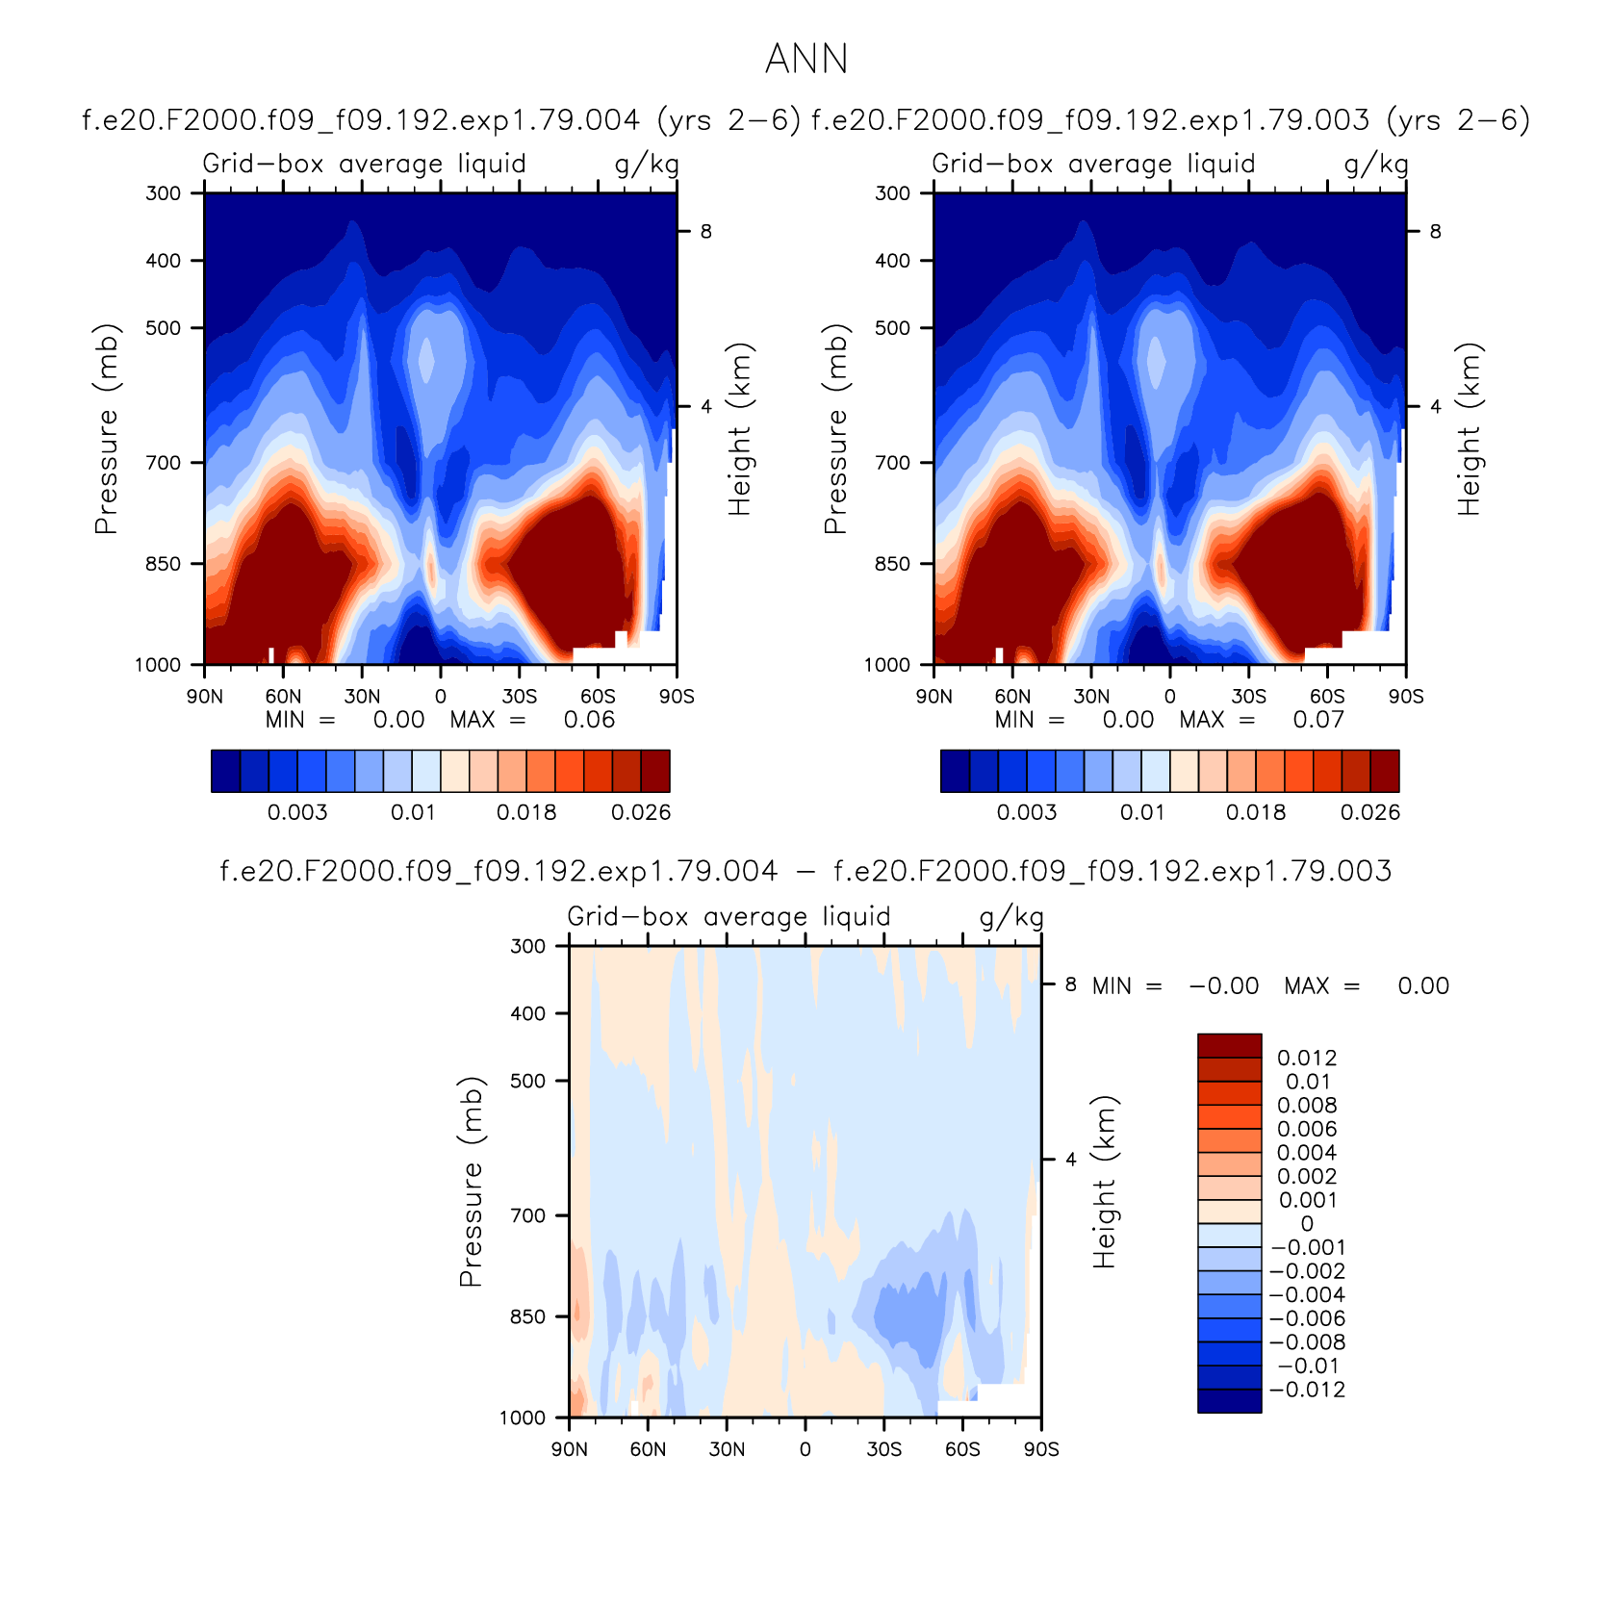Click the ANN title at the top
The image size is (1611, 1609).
806,60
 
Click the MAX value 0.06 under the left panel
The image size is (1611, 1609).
589,720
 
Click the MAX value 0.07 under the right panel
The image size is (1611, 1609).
1318,720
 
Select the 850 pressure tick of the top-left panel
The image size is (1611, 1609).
164,564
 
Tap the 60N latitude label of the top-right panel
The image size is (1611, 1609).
1012,697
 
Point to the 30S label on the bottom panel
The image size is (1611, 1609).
883,1449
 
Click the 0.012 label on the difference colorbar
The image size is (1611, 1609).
1307,1058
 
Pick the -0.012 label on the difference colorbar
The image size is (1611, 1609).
1306,1390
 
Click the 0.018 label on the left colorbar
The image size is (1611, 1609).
526,812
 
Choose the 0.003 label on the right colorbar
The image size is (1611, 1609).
1027,812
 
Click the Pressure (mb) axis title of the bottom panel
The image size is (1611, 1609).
471,1182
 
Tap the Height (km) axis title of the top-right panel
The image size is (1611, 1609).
1469,429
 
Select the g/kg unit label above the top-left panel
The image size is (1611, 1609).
647,165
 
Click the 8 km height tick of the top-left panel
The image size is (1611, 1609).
706,232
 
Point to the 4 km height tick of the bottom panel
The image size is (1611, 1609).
1071,1160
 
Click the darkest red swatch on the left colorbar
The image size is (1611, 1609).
655,771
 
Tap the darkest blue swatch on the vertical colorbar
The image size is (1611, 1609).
1229,1401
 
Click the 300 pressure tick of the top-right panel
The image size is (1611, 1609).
893,193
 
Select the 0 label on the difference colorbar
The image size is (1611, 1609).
1307,1224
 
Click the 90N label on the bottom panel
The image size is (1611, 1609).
570,1449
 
